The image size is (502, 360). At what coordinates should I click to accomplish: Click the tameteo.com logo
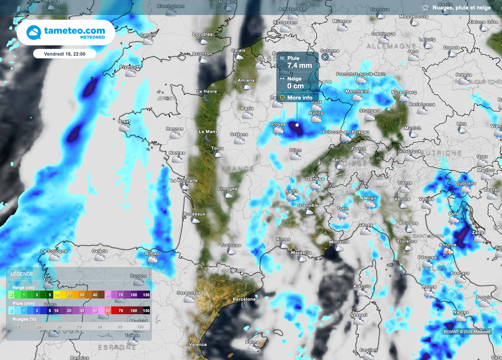(66, 32)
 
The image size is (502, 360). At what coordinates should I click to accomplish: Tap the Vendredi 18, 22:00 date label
(65, 54)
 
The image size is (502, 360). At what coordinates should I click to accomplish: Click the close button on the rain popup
(325, 57)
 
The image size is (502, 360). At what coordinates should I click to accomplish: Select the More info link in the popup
(300, 97)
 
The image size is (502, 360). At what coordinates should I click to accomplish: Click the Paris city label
(248, 108)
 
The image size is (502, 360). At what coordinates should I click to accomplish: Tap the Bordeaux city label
(194, 214)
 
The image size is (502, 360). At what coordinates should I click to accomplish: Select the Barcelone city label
(244, 299)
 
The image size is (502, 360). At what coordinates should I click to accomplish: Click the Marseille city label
(301, 253)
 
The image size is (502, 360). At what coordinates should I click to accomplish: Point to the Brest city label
(125, 121)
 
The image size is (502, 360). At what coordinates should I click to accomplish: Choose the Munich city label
(413, 128)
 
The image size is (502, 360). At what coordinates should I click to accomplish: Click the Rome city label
(429, 287)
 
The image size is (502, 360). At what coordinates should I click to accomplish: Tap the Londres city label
(203, 34)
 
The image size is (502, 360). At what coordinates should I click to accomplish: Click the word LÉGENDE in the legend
(22, 274)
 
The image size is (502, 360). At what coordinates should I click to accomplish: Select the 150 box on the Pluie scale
(146, 311)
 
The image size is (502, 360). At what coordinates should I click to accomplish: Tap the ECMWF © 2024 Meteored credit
(467, 332)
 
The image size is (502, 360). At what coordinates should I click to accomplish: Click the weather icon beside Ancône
(448, 251)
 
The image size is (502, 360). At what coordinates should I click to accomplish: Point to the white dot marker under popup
(297, 125)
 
